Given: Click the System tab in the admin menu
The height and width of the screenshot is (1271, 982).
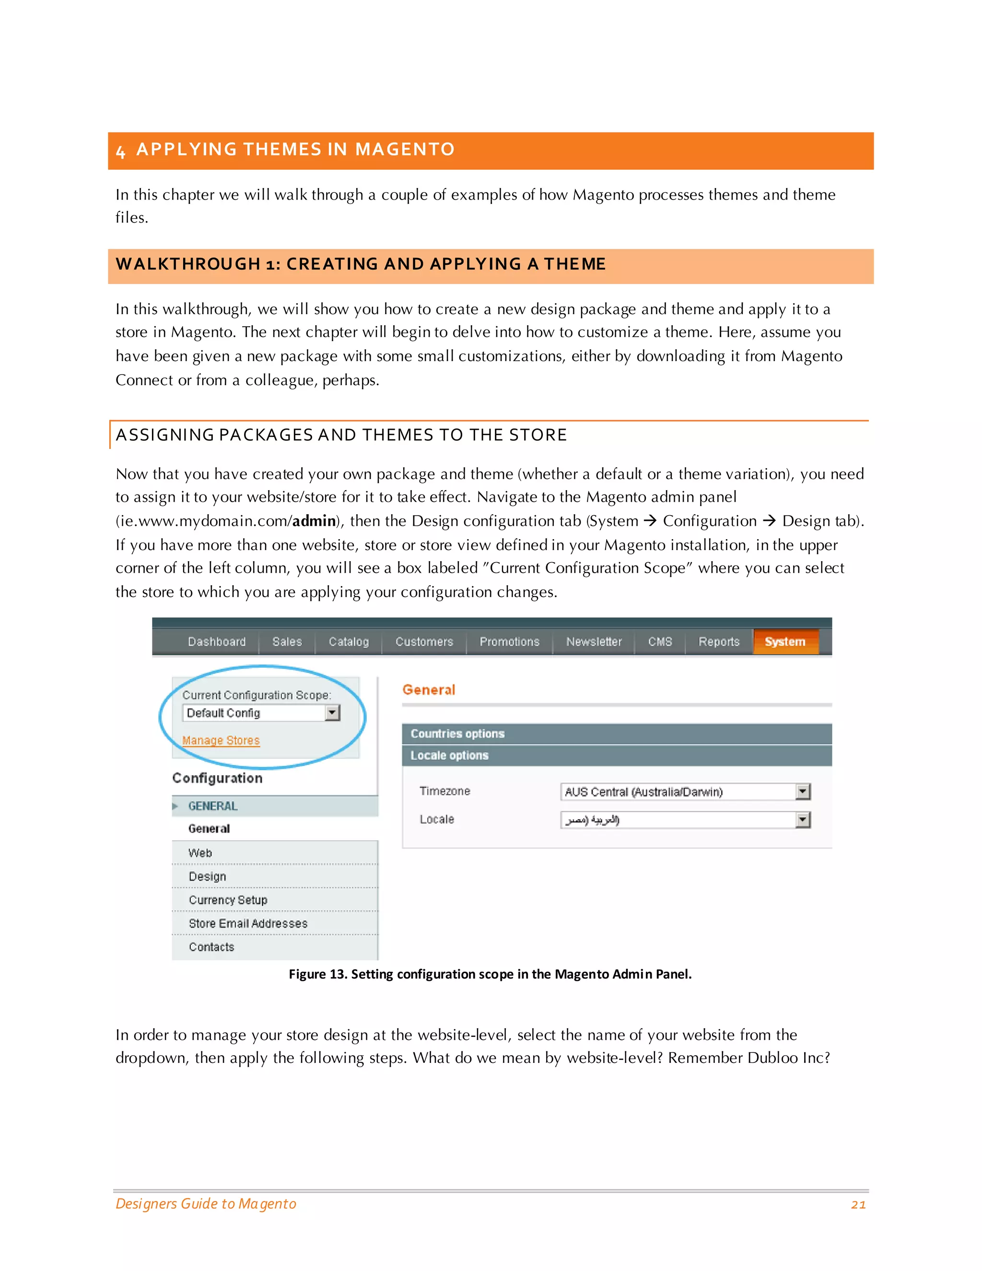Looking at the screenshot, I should [x=785, y=641].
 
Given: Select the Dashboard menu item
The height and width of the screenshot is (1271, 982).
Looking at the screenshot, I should [x=216, y=641].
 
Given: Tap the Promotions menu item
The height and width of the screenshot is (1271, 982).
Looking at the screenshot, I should [x=509, y=641].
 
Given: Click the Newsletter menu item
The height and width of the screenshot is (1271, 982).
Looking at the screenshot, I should [x=594, y=641].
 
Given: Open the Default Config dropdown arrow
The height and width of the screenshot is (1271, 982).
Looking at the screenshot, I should [x=332, y=712].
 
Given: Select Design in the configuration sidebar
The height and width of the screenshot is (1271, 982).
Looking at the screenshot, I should [x=207, y=876].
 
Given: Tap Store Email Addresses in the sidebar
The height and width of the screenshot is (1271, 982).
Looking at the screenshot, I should [x=248, y=924].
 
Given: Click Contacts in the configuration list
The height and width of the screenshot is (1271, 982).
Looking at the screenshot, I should [x=211, y=947].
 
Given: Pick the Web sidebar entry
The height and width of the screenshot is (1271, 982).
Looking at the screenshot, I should [x=200, y=853].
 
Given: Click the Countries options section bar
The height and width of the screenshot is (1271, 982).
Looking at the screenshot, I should [x=616, y=734].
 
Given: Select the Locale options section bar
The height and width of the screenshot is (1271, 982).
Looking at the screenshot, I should [x=616, y=755].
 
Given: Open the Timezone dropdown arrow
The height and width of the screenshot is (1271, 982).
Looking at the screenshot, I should [x=803, y=791].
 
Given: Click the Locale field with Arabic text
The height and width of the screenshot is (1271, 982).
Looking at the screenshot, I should [x=677, y=820].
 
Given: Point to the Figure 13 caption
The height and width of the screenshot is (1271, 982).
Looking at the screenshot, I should [x=490, y=974].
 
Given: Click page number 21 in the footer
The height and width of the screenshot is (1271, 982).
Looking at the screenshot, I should [x=858, y=1205].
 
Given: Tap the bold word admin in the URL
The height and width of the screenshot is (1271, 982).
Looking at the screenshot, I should [x=314, y=521].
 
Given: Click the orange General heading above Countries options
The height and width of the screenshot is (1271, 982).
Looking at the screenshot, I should [x=429, y=690].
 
